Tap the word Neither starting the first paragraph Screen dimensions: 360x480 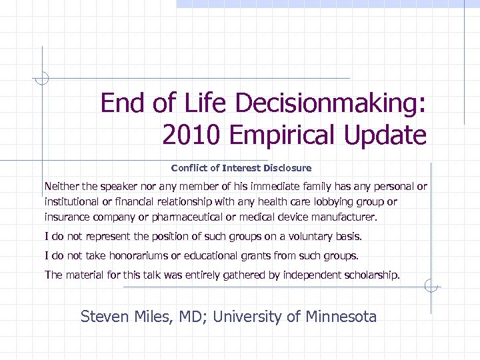tap(61, 186)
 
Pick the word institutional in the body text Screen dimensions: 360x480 tap(71, 201)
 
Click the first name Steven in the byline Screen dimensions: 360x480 tap(101, 317)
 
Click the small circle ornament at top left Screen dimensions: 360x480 tap(42, 79)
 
